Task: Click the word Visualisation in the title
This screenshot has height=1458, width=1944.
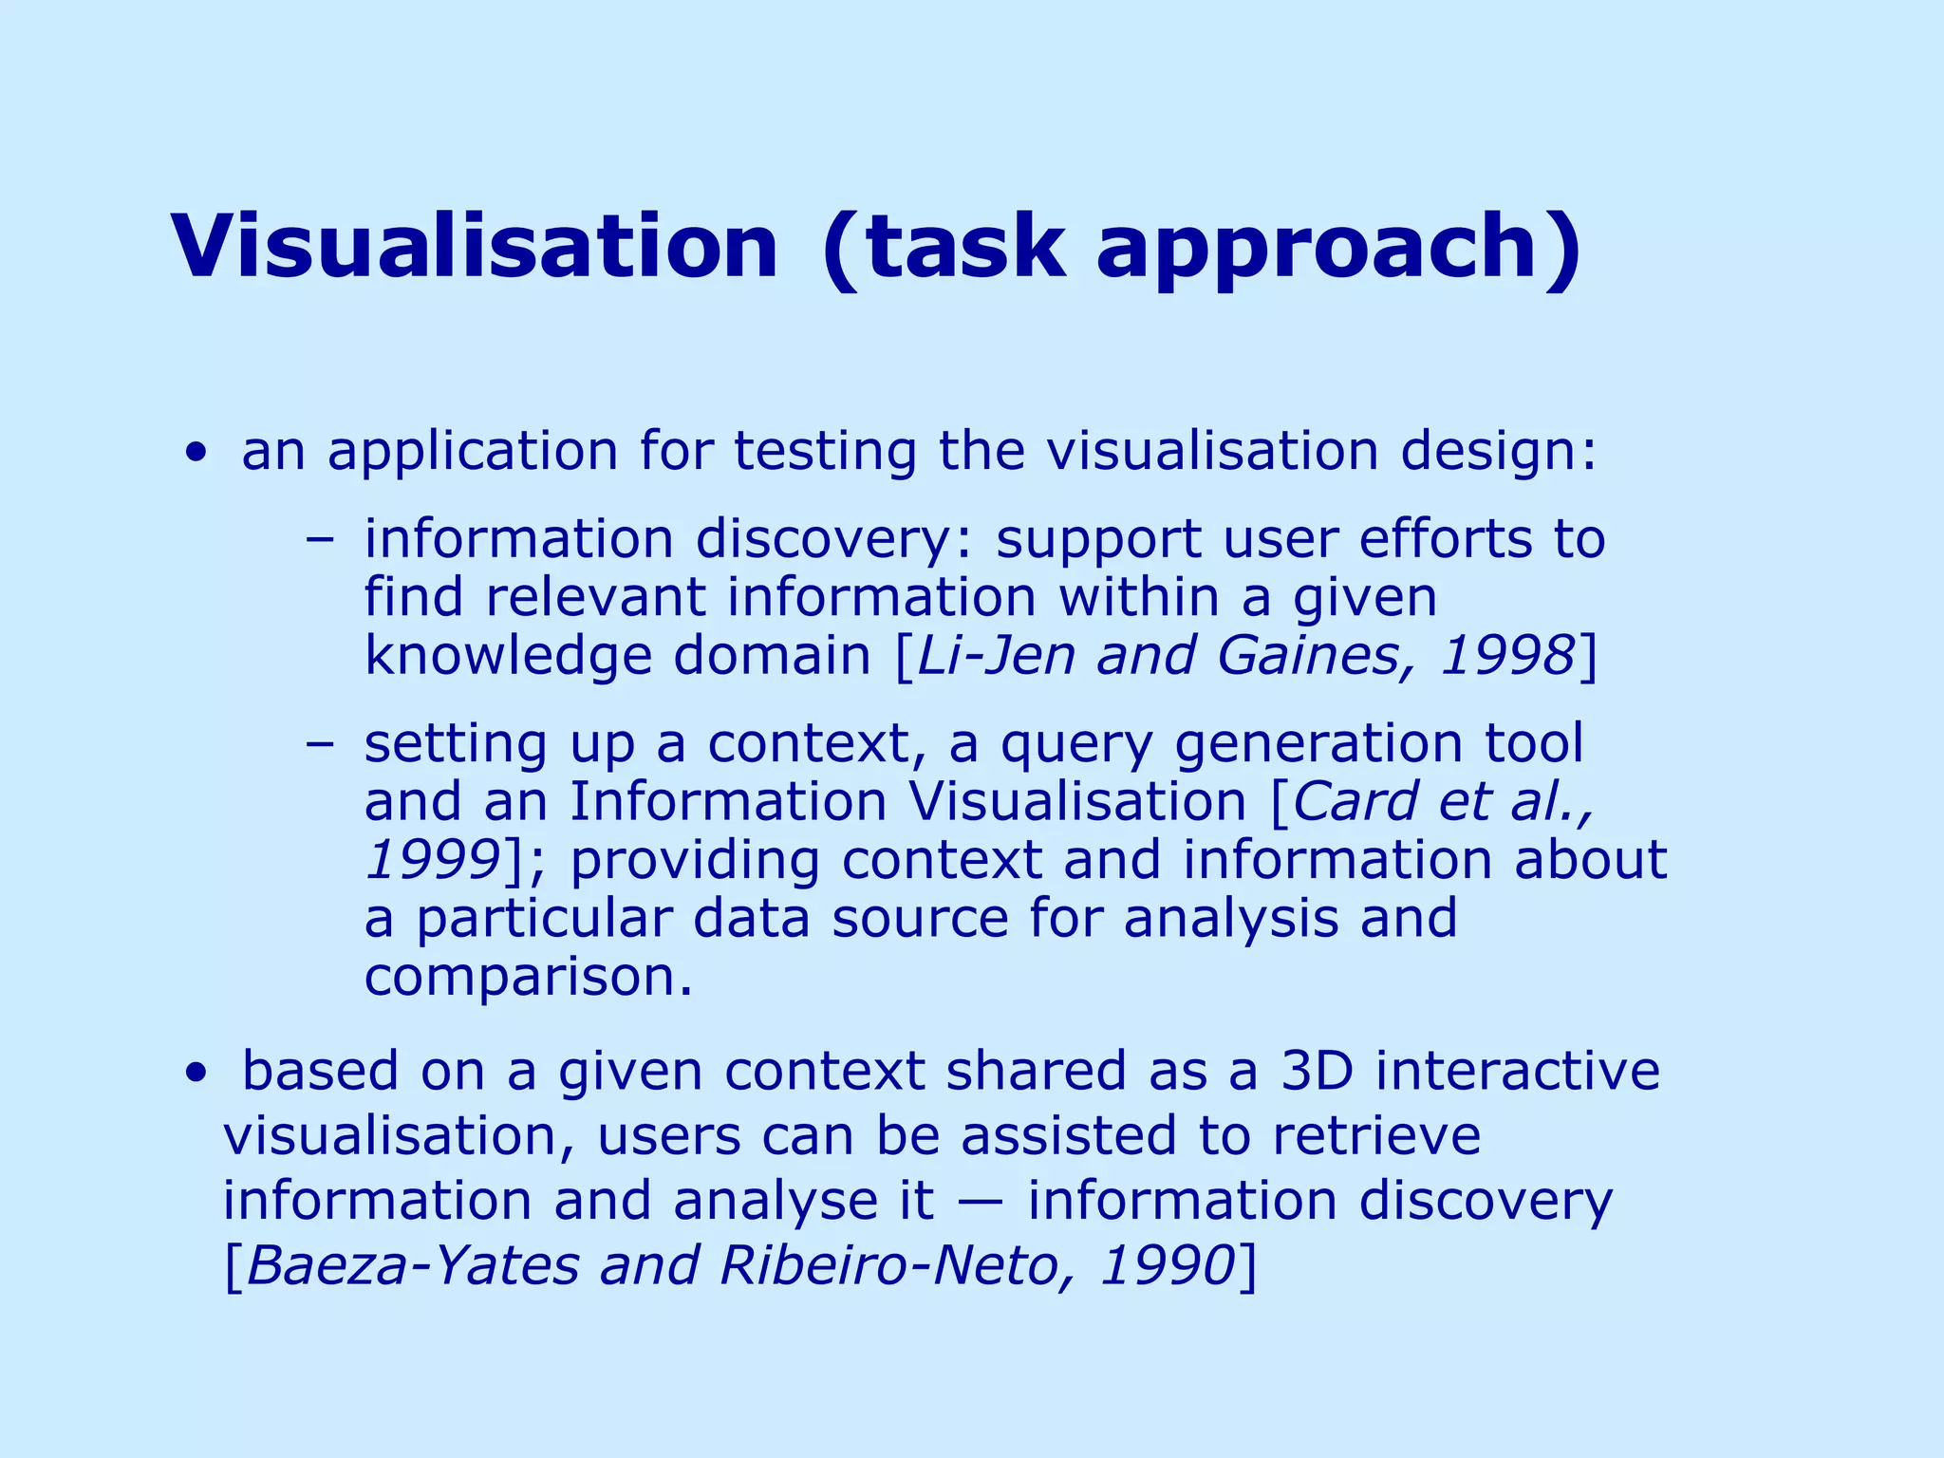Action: point(475,247)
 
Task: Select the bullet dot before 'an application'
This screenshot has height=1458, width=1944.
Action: point(196,453)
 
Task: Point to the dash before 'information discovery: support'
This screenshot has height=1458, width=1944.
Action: point(320,539)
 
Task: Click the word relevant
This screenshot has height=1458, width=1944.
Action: point(595,598)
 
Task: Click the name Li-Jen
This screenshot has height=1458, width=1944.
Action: point(996,656)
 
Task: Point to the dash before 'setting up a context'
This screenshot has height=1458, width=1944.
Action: point(320,743)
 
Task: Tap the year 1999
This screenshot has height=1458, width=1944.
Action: point(432,860)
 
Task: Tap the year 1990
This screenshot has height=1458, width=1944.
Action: point(1168,1266)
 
